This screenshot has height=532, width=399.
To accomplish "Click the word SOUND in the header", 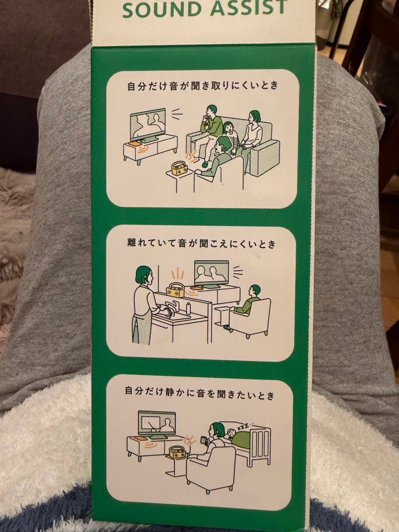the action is click(x=163, y=9).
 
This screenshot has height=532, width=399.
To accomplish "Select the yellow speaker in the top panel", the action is click(x=179, y=167).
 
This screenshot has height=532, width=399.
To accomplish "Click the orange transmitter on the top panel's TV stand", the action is click(x=134, y=144).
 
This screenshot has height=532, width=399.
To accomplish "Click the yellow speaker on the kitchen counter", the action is click(x=175, y=290).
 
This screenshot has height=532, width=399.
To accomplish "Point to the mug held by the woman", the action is click(x=203, y=440).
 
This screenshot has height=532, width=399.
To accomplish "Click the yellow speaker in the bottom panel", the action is click(x=177, y=452).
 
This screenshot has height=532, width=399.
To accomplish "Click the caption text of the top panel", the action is click(x=202, y=85).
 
